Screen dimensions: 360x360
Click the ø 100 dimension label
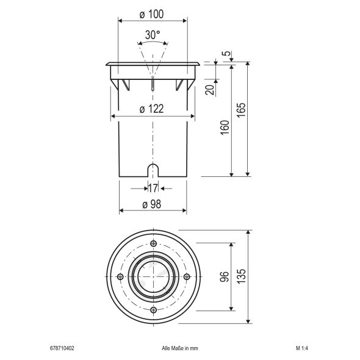click(152, 13)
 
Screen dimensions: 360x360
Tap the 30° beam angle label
click(153, 35)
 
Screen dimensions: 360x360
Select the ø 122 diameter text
click(152, 109)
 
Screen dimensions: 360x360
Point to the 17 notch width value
click(153, 189)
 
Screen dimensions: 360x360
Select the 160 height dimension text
click(226, 129)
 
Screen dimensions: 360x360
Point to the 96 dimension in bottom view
click(226, 276)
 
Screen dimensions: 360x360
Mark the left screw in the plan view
click(120, 277)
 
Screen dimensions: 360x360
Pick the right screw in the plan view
click(185, 277)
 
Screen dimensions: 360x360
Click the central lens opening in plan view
click(153, 277)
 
